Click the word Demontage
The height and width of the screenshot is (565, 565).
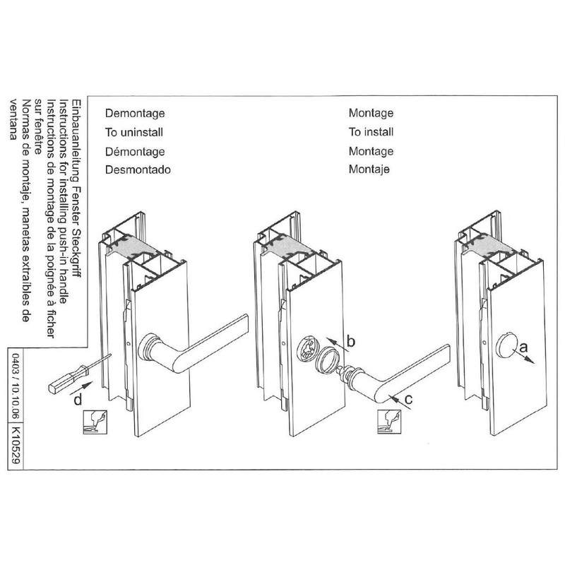pos(134,112)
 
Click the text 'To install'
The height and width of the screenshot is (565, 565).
pos(371,131)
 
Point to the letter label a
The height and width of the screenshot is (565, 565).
pos(523,347)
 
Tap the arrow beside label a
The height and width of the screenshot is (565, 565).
pos(528,356)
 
